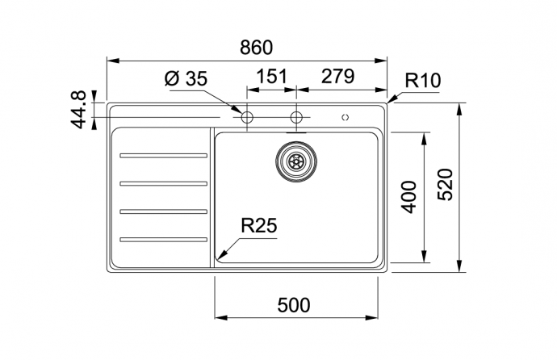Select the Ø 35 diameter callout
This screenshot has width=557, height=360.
point(186,79)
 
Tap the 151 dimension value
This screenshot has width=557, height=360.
point(272,77)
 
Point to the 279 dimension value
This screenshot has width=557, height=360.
point(338,77)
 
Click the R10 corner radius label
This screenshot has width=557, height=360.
point(422,81)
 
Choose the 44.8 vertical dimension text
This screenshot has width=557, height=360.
point(78,109)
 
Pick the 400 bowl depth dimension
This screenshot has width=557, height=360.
point(408,197)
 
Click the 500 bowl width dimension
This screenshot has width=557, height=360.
point(294,305)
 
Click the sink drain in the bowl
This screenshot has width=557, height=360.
point(295,160)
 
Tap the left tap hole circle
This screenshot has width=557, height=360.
point(247,118)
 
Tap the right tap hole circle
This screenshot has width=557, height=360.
point(296,118)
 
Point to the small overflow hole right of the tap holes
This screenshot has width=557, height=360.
point(346,118)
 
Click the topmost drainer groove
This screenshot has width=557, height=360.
point(163,156)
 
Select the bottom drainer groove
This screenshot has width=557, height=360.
point(163,239)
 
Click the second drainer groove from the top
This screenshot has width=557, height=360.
point(163,183)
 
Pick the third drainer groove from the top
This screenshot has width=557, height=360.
point(163,211)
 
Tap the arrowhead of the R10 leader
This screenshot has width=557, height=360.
point(390,102)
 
